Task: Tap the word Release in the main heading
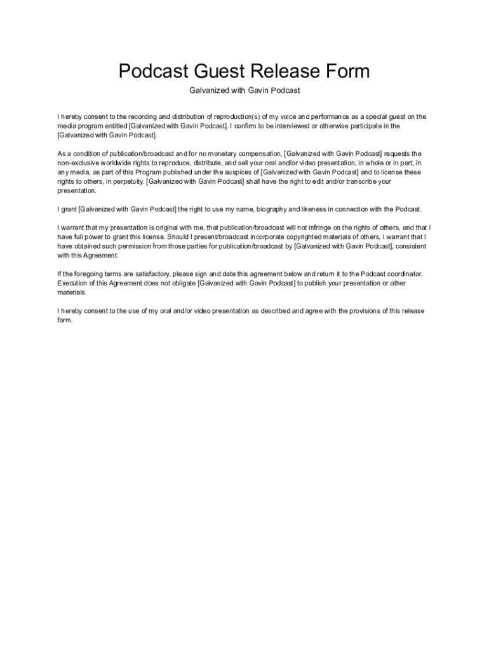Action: pyautogui.click(x=288, y=71)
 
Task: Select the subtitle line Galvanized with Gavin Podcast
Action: pyautogui.click(x=245, y=90)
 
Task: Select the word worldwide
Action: pyautogui.click(x=127, y=163)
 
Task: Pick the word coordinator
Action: pyautogui.click(x=401, y=274)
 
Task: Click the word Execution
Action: pyautogui.click(x=74, y=283)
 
